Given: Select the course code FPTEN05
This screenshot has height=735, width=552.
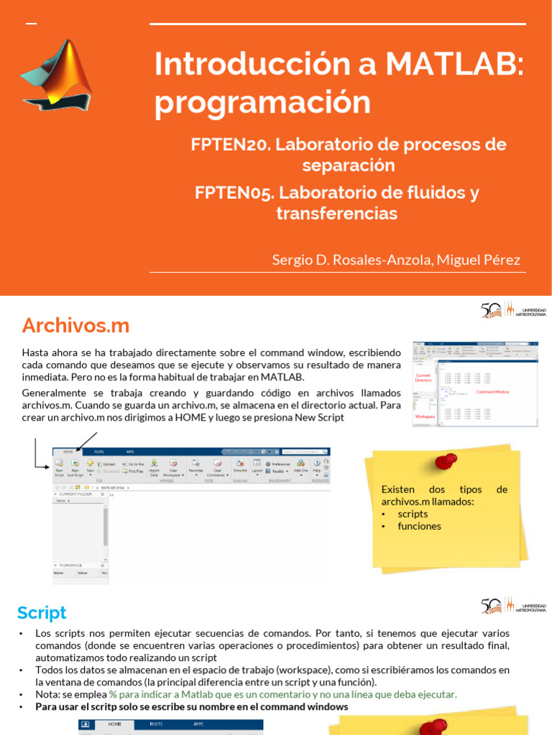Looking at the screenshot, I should pyautogui.click(x=234, y=192).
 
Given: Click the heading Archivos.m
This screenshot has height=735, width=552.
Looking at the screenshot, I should pyautogui.click(x=75, y=325).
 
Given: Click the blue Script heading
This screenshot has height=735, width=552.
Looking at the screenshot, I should pyautogui.click(x=42, y=612).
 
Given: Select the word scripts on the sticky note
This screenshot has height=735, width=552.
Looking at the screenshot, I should pyautogui.click(x=413, y=514).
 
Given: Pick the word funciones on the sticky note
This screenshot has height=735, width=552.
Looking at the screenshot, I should pyautogui.click(x=419, y=526).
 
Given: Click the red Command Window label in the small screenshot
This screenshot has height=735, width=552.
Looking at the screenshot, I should pyautogui.click(x=492, y=392).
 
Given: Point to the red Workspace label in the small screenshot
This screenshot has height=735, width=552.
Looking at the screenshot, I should pyautogui.click(x=425, y=416).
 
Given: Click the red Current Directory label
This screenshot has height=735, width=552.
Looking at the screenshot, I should pyautogui.click(x=423, y=378).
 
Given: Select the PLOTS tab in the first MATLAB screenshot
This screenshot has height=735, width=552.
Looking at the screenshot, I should pyautogui.click(x=98, y=452).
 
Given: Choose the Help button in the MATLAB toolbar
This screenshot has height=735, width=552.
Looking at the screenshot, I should pyautogui.click(x=317, y=468).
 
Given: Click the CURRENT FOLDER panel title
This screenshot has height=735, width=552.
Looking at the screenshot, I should pyautogui.click(x=75, y=495).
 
